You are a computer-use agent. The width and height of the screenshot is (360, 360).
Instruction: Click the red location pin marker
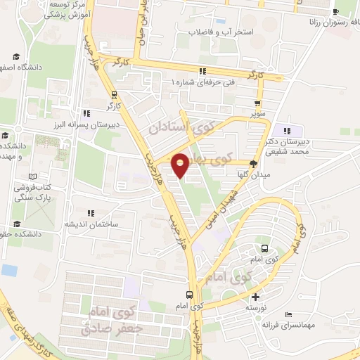pyautogui.click(x=181, y=164)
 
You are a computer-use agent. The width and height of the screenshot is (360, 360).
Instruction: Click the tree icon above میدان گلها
pyautogui.click(x=254, y=163)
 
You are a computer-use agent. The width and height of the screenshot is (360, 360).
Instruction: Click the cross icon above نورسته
pyautogui.click(x=255, y=297)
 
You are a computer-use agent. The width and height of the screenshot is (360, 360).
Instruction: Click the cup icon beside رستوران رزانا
pyautogui.click(x=336, y=12)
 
